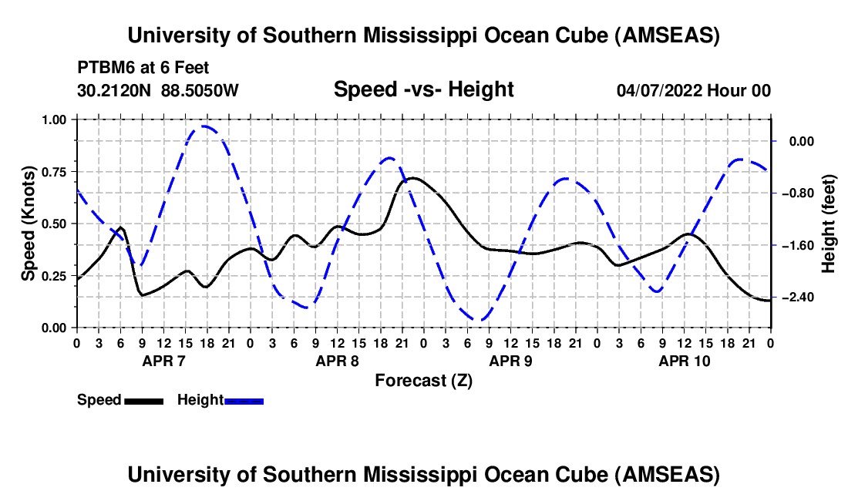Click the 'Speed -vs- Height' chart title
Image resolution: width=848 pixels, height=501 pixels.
coord(423,89)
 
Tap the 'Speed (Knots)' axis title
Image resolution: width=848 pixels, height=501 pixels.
coord(28,224)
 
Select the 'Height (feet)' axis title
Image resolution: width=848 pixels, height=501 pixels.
coord(829,224)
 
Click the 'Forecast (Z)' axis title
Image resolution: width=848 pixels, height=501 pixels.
coord(423,380)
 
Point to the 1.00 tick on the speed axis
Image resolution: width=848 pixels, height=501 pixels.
coord(54,119)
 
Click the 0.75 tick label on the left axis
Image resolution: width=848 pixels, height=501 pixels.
coord(54,172)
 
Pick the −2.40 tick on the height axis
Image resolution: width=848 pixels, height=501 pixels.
coord(802,298)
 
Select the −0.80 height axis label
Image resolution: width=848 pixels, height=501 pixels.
coord(802,193)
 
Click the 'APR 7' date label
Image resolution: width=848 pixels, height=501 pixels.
coord(164,361)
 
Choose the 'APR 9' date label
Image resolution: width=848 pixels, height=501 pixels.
coord(511,361)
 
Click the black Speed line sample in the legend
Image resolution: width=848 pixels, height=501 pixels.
coord(143,400)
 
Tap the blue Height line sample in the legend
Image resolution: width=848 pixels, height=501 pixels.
coord(244,400)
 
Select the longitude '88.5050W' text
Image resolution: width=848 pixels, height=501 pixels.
coord(200,90)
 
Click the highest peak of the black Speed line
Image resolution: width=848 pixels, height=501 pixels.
coord(412,178)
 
